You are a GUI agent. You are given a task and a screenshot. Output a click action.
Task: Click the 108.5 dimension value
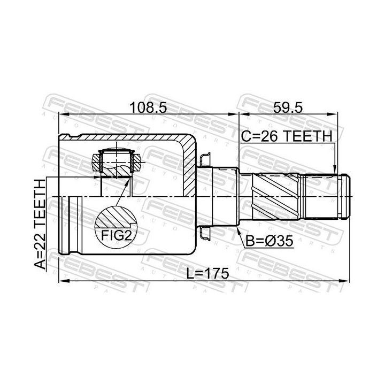click(148, 108)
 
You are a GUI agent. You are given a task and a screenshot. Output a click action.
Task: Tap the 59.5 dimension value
click(288, 108)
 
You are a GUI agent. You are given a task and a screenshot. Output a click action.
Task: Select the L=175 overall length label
click(207, 274)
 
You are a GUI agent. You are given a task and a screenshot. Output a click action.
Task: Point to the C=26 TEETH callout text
click(286, 136)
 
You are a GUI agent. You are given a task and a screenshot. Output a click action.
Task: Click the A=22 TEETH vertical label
click(40, 224)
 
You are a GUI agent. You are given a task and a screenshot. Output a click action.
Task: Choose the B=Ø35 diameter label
click(269, 241)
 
